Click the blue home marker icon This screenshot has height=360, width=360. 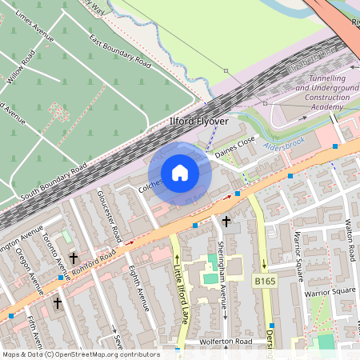coord(180,173)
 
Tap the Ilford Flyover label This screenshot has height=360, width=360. coord(198,121)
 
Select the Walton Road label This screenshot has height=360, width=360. coord(349,239)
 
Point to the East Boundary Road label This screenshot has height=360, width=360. coord(120,52)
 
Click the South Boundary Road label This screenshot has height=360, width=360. coord(54,183)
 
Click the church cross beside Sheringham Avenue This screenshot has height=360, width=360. coord(226,221)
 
